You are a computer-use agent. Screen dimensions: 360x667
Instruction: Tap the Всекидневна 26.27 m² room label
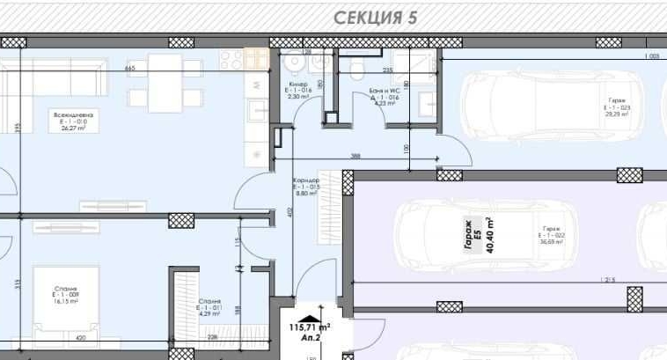click(73, 121)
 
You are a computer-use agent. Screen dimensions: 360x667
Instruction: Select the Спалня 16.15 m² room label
click(65, 295)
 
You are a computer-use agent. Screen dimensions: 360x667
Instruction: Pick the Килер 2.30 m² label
click(297, 91)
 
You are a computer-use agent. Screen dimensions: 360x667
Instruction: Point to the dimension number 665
click(130, 69)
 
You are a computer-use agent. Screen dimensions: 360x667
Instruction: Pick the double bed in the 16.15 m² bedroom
click(65, 298)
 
